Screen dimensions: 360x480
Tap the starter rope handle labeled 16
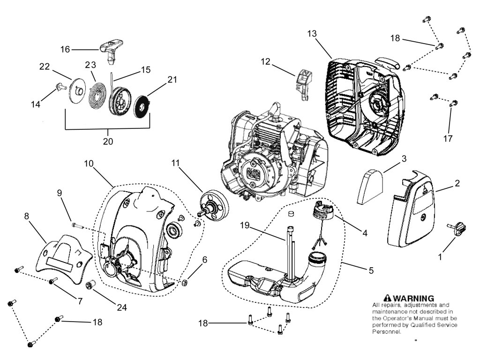coord(111,48)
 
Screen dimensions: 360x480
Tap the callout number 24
coord(122,307)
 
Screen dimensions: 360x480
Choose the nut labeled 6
coord(185,282)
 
